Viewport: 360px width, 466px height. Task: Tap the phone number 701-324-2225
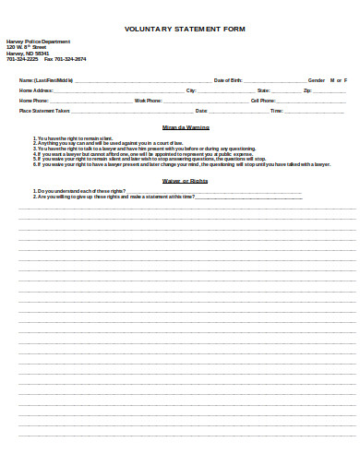pyautogui.click(x=23, y=58)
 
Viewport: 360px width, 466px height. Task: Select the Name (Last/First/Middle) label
pyautogui.click(x=47, y=80)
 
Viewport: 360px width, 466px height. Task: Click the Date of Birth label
pyautogui.click(x=228, y=80)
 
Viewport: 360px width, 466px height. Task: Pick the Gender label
pyautogui.click(x=316, y=80)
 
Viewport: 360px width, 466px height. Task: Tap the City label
pyautogui.click(x=191, y=90)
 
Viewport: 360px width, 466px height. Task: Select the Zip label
pyautogui.click(x=306, y=90)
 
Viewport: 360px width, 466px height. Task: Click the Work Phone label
pyautogui.click(x=149, y=100)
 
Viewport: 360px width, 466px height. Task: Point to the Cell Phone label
pyautogui.click(x=263, y=100)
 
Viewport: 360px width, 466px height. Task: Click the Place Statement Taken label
pyautogui.click(x=44, y=110)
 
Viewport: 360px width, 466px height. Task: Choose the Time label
pyautogui.click(x=275, y=110)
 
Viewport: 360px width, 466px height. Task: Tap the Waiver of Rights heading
pyautogui.click(x=186, y=181)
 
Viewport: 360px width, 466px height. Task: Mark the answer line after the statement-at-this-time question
pyautogui.click(x=249, y=197)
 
